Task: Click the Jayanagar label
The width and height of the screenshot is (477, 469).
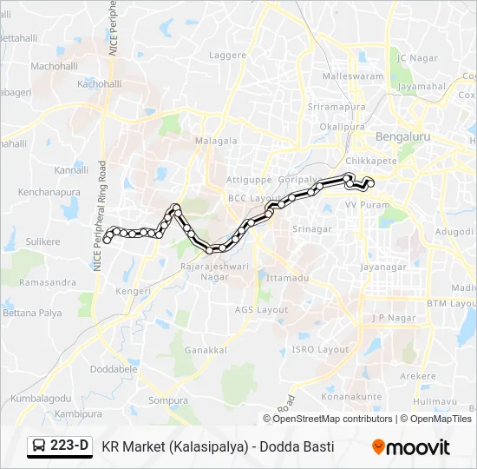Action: pos(382,267)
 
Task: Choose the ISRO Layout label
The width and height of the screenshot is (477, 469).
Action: pos(320,349)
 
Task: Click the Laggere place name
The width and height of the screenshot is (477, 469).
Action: pos(228,55)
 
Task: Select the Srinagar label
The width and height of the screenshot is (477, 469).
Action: pos(312,229)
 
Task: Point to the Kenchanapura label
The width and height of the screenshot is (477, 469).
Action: pos(49,191)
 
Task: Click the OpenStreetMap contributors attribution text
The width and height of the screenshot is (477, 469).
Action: pos(333,419)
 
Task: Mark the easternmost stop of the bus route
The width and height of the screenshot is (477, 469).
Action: pos(370,182)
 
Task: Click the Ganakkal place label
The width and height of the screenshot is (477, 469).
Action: pos(206,350)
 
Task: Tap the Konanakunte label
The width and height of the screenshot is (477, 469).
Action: pos(351,397)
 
